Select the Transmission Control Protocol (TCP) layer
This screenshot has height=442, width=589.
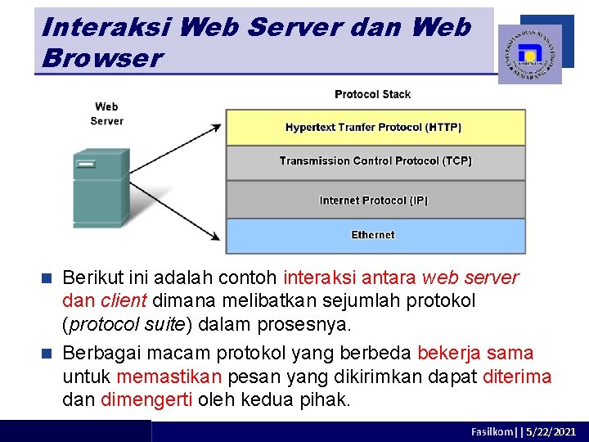click(375, 161)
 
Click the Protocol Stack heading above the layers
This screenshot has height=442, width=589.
click(372, 94)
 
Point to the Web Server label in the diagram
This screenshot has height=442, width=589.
click(106, 114)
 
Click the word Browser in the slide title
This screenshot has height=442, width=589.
click(101, 58)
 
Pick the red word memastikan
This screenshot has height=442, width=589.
click(169, 377)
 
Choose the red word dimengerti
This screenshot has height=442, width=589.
click(146, 400)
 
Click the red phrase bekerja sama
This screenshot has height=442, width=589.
click(475, 354)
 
